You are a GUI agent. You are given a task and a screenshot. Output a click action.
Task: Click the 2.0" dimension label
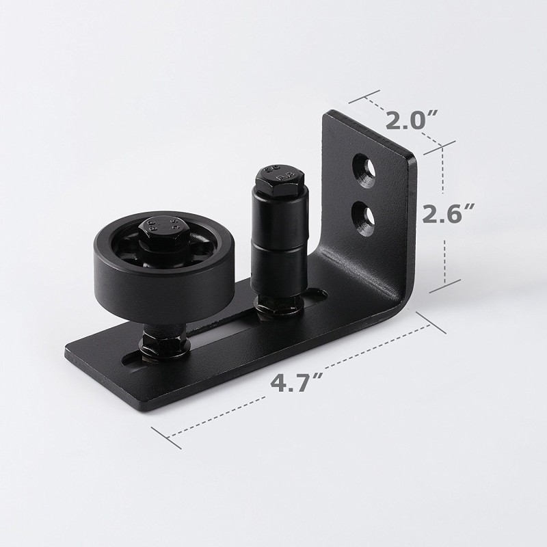pyautogui.click(x=409, y=121)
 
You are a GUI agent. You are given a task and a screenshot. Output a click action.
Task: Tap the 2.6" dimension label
pyautogui.click(x=446, y=213)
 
